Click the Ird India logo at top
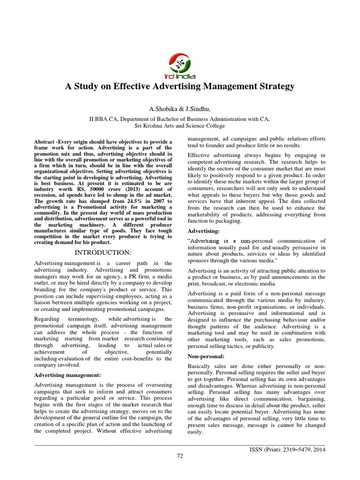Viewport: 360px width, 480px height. [x=180, y=66]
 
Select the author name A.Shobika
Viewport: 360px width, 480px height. [x=163, y=109]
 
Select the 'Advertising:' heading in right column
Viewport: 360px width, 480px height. [x=203, y=232]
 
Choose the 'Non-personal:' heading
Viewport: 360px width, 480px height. [x=206, y=357]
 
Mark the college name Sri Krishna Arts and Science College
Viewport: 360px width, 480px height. [x=180, y=126]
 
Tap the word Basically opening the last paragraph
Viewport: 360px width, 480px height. [x=200, y=365]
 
